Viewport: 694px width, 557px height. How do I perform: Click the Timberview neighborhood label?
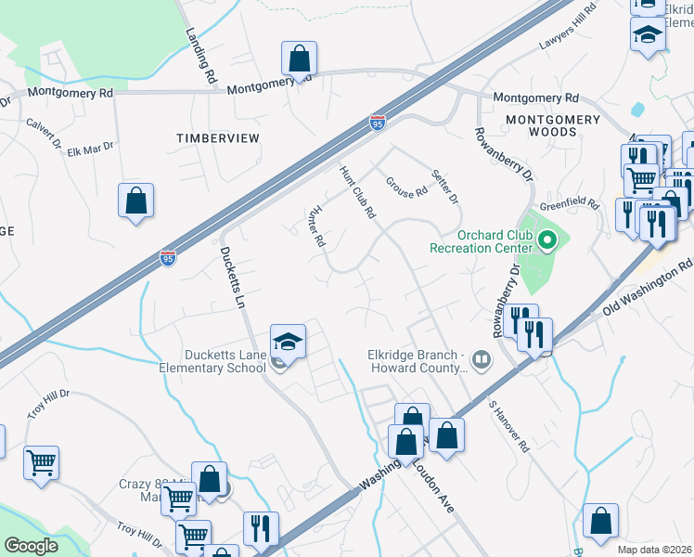(218, 137)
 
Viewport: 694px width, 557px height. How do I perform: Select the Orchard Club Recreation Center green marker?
(547, 243)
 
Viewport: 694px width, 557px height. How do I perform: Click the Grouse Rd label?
(406, 187)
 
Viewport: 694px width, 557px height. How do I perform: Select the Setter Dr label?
(445, 187)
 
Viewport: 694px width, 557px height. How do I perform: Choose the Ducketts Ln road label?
(231, 273)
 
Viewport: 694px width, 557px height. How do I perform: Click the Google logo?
(31, 546)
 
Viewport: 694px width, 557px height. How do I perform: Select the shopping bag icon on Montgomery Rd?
(300, 60)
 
